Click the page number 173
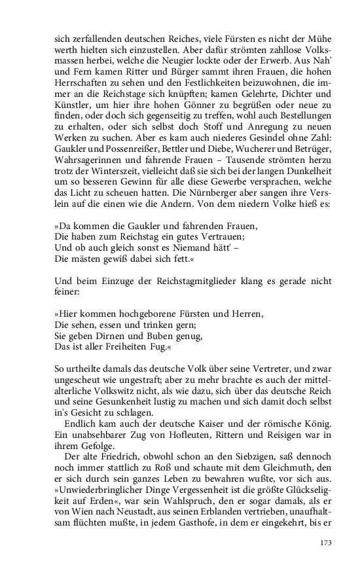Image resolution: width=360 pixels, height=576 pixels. pyautogui.click(x=326, y=542)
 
